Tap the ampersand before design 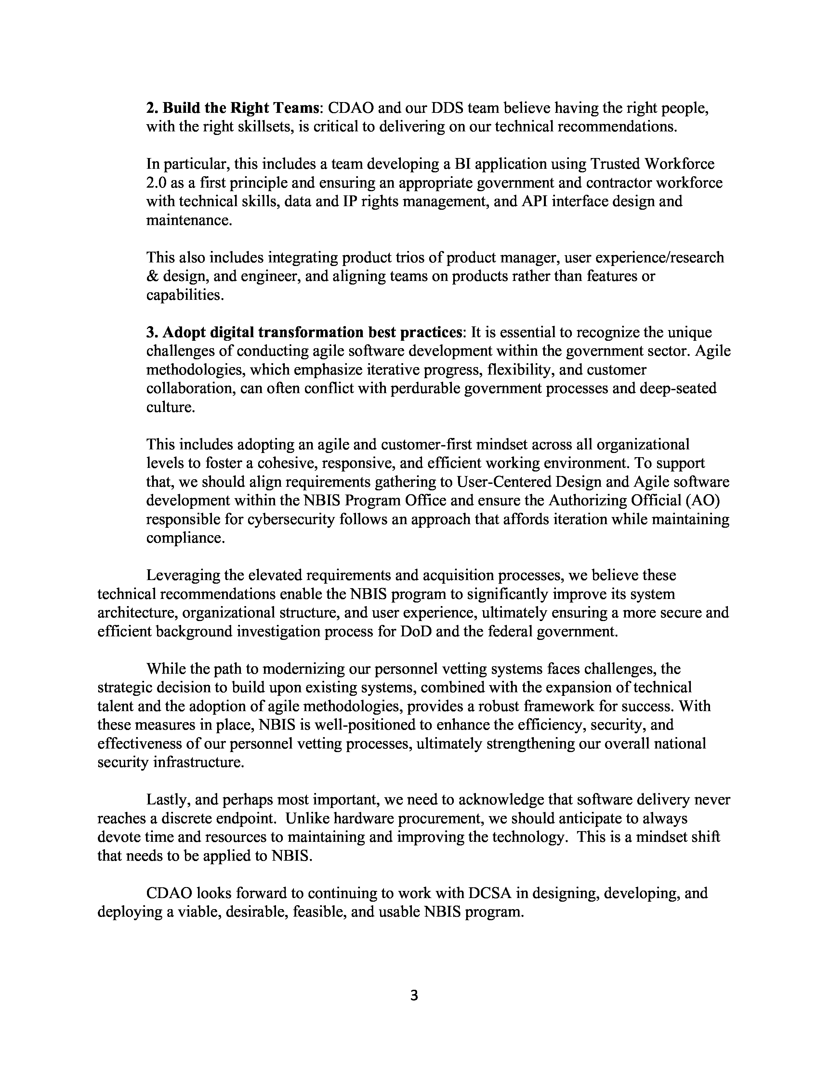point(152,276)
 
